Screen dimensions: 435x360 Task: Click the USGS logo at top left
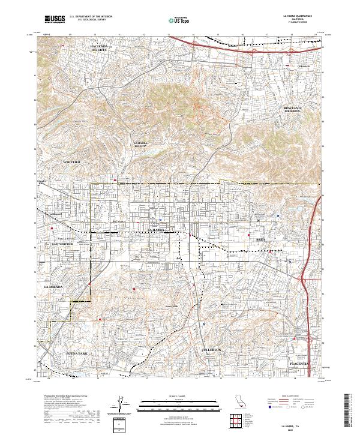(55, 19)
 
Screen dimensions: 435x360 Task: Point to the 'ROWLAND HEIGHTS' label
(292, 109)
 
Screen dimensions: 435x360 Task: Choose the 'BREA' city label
(260, 239)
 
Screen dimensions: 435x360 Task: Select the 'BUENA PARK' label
(77, 354)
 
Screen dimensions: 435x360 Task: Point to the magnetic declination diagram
(118, 405)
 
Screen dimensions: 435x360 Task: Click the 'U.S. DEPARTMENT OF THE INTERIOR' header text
(89, 17)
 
